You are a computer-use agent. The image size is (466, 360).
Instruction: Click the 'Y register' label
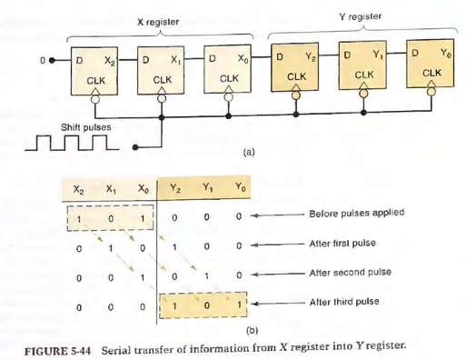[361, 15]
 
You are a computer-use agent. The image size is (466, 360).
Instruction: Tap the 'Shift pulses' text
[85, 126]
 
